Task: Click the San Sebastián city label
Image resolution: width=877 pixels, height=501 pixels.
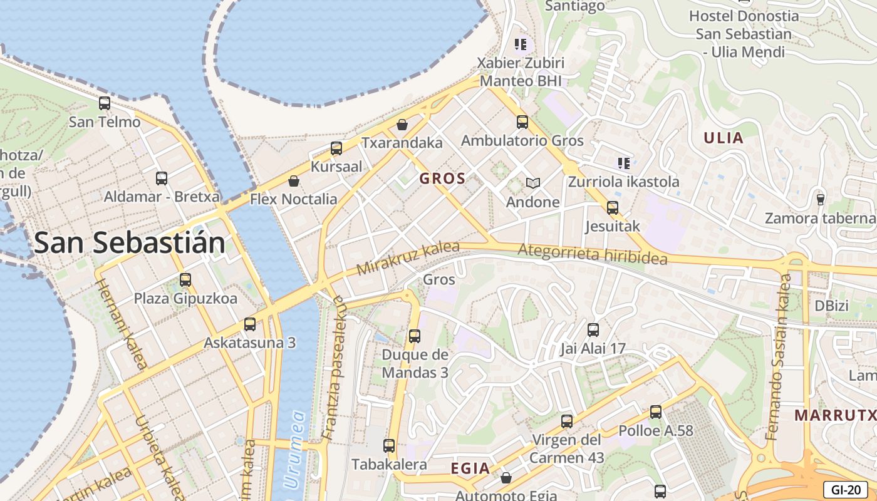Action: pyautogui.click(x=130, y=243)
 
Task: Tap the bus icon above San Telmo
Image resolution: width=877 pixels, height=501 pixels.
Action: pyautogui.click(x=105, y=103)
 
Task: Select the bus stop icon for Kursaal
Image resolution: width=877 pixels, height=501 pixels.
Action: pyautogui.click(x=336, y=148)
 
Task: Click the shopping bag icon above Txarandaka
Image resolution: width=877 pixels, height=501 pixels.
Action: pyautogui.click(x=402, y=125)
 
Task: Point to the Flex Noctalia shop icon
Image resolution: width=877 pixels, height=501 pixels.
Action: pyautogui.click(x=293, y=182)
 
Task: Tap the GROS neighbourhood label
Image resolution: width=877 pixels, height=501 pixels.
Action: pyautogui.click(x=442, y=178)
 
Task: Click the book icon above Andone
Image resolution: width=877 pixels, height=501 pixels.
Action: pyautogui.click(x=532, y=183)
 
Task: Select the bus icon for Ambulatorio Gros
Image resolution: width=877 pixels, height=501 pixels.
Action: pyautogui.click(x=522, y=122)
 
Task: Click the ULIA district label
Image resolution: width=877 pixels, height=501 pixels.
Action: pyautogui.click(x=724, y=138)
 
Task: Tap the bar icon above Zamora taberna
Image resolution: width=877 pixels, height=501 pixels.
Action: pyautogui.click(x=820, y=199)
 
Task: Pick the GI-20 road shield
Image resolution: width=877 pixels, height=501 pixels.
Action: pyautogui.click(x=845, y=489)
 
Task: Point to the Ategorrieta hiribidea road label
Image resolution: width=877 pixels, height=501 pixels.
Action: pyautogui.click(x=592, y=254)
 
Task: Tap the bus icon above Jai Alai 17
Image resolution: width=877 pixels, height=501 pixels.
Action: pyautogui.click(x=593, y=329)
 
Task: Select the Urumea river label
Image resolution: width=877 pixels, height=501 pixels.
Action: pyautogui.click(x=294, y=449)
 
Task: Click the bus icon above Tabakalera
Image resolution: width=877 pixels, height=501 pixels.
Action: pyautogui.click(x=389, y=446)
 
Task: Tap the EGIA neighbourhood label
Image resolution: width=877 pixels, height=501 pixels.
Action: pyautogui.click(x=470, y=468)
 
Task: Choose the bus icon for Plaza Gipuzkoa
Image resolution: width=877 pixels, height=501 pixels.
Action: pyautogui.click(x=185, y=279)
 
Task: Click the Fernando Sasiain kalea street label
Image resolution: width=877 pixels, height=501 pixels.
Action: pyautogui.click(x=779, y=357)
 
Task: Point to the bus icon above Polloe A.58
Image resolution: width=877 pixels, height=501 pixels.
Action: pyautogui.click(x=656, y=412)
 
